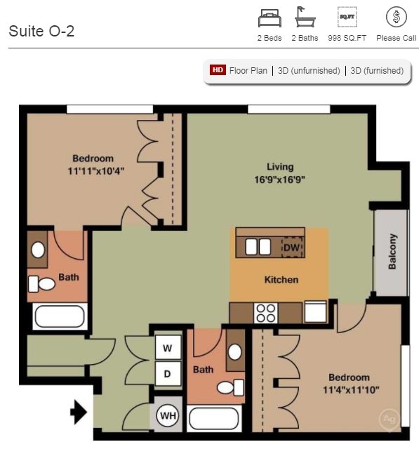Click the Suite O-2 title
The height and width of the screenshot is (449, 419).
tap(41, 32)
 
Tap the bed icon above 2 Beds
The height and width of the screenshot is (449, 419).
tap(270, 17)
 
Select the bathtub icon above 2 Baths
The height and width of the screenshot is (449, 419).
tap(305, 17)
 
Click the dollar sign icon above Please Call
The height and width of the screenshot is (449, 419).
tap(397, 17)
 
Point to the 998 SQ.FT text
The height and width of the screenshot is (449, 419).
tap(347, 39)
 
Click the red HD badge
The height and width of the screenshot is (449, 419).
tap(218, 70)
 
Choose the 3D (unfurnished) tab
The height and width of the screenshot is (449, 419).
tap(309, 71)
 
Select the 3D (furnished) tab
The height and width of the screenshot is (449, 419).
tap(377, 71)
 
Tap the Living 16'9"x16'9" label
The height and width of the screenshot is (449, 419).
tap(280, 173)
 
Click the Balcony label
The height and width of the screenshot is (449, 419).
tap(392, 250)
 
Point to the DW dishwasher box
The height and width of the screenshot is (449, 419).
tap(291, 247)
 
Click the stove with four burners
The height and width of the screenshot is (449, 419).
tap(266, 312)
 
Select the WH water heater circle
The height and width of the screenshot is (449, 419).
tap(168, 416)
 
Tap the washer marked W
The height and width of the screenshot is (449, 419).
tap(168, 347)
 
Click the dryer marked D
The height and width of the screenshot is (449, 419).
tap(168, 373)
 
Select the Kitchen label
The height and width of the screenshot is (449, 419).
tap(281, 279)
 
